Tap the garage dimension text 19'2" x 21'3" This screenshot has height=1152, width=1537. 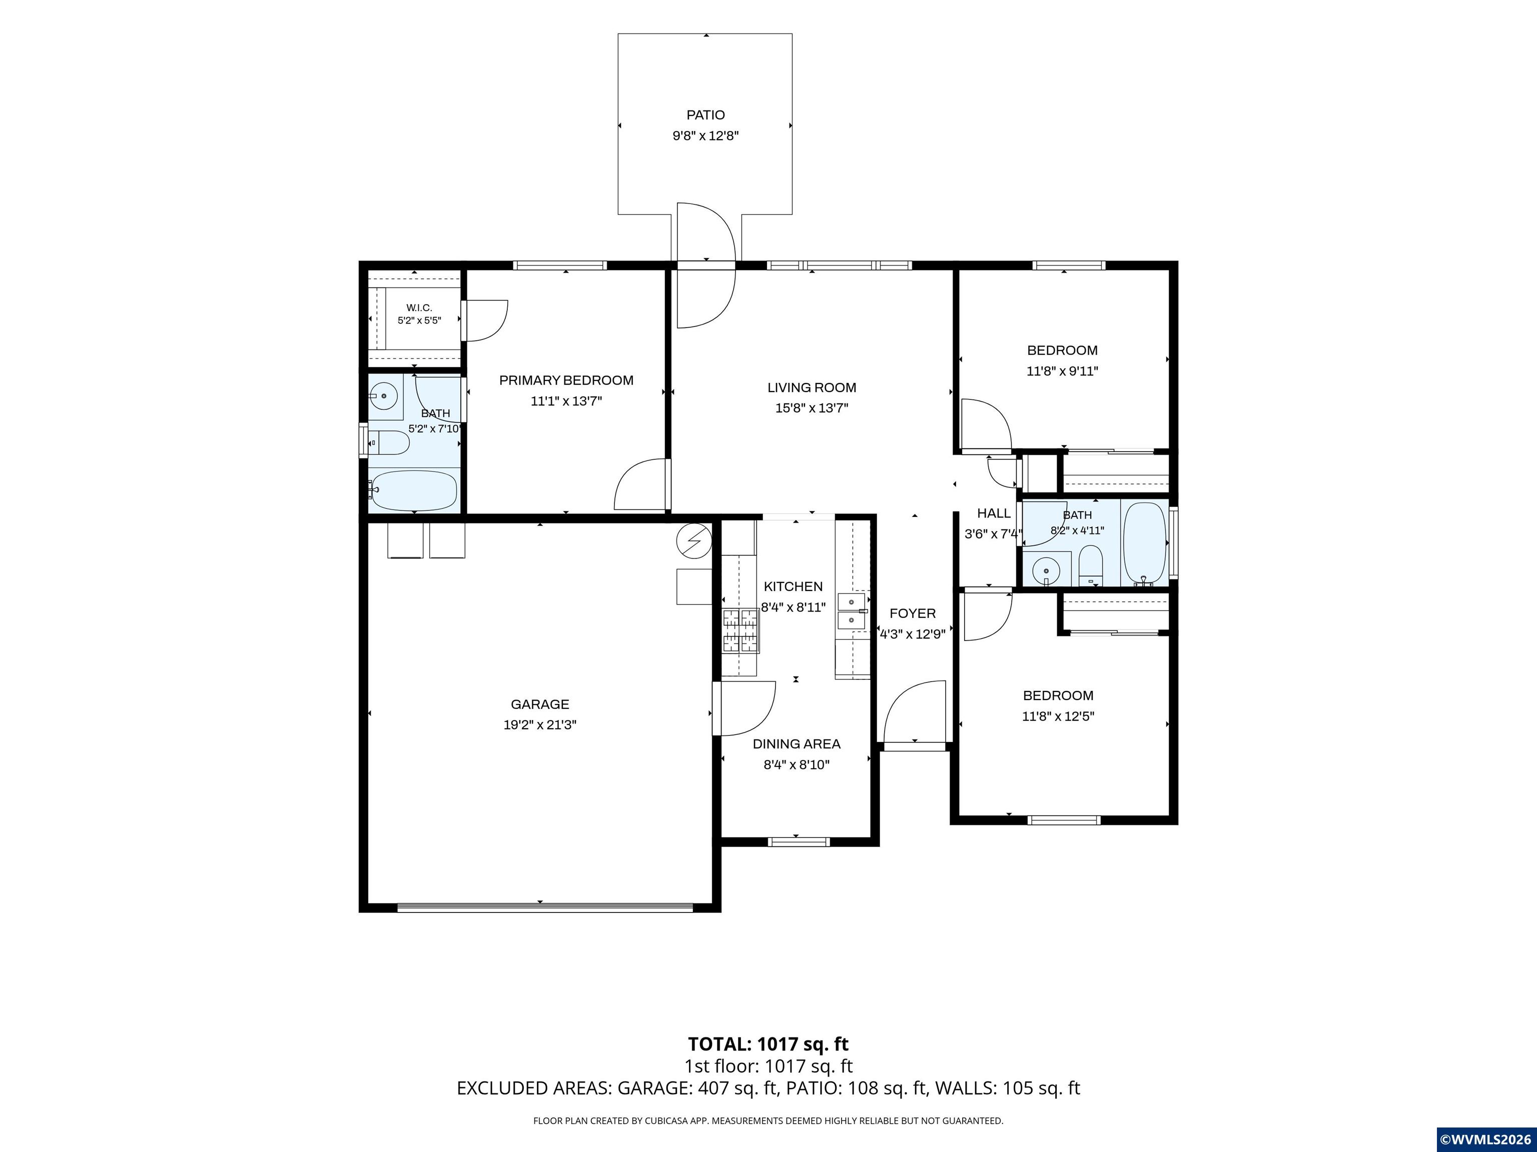pyautogui.click(x=540, y=725)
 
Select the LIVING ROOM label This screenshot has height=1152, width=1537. pyautogui.click(x=812, y=387)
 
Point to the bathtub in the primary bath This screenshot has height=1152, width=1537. pyautogui.click(x=412, y=490)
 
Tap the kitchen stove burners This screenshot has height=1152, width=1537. pyautogui.click(x=740, y=630)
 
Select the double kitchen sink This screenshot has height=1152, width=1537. pyautogui.click(x=851, y=610)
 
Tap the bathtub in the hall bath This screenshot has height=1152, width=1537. pyautogui.click(x=1145, y=543)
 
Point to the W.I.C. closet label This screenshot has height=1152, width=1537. pyautogui.click(x=419, y=307)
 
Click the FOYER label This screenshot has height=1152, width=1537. pyautogui.click(x=912, y=613)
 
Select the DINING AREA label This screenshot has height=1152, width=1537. pyautogui.click(x=797, y=743)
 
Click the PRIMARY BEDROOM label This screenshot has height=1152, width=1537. pyautogui.click(x=566, y=380)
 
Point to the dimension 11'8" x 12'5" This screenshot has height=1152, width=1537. pyautogui.click(x=1058, y=716)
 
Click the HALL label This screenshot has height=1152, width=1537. pyautogui.click(x=994, y=513)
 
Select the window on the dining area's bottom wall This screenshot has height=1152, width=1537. pyautogui.click(x=799, y=841)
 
